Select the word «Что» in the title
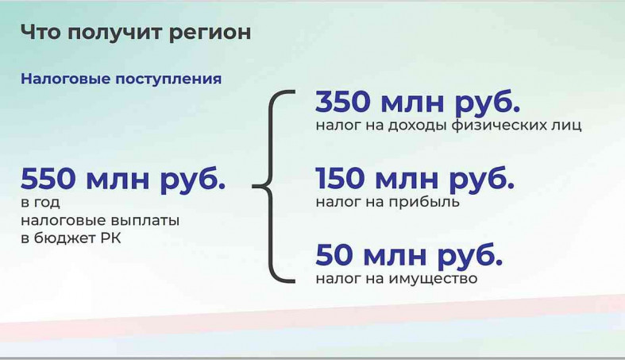pos(41,32)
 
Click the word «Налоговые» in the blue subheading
pos(65,79)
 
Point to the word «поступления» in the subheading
pos(168,79)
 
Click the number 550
pos(48,178)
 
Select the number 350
pos(343,101)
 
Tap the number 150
pos(340,178)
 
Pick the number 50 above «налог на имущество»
pos(334,254)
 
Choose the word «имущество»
pos(433,279)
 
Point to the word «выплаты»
pos(145,221)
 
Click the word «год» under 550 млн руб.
pos(47,203)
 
